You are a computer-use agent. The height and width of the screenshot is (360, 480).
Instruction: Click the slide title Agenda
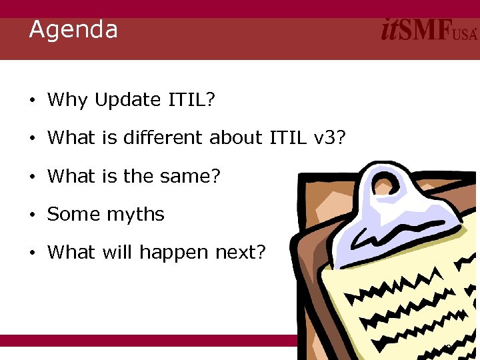[73, 30]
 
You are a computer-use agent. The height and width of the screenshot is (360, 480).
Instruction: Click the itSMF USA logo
[429, 31]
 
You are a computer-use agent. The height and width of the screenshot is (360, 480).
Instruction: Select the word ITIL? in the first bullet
[191, 100]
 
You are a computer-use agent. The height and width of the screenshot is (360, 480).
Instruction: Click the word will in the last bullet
[117, 253]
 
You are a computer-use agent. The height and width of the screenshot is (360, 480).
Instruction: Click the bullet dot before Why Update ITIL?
[32, 101]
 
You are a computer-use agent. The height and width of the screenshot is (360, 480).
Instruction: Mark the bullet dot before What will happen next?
[32, 254]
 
